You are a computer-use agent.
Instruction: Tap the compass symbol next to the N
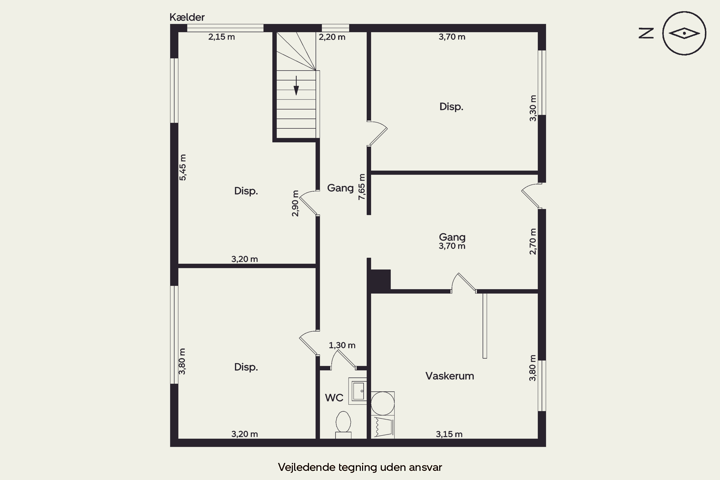(x=684, y=33)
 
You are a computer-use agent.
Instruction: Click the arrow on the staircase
(x=296, y=85)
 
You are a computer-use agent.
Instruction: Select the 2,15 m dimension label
(x=221, y=37)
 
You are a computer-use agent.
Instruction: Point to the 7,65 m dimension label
(x=362, y=187)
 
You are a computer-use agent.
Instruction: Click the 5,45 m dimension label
(x=182, y=168)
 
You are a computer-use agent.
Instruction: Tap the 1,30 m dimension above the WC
(x=342, y=345)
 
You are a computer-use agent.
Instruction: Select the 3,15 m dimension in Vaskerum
(x=449, y=434)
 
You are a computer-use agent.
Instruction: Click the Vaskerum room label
(x=450, y=376)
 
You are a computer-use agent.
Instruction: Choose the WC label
(x=334, y=398)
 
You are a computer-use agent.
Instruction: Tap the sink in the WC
(x=358, y=391)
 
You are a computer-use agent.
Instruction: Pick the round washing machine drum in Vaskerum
(x=382, y=403)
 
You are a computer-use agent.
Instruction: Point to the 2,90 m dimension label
(x=295, y=204)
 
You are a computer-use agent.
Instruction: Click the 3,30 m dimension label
(x=533, y=108)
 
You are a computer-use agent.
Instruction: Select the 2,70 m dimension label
(x=533, y=241)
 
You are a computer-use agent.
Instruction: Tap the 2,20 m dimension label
(x=332, y=37)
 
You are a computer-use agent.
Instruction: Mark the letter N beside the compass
(x=646, y=33)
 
